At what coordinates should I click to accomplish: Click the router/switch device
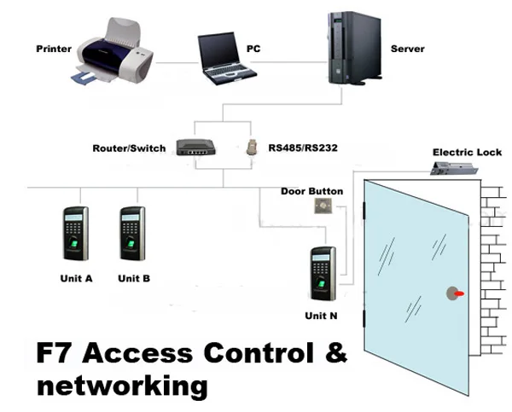point(198,147)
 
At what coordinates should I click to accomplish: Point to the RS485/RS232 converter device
point(253,147)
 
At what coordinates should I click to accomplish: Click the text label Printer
point(54,49)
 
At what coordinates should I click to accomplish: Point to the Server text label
point(407,49)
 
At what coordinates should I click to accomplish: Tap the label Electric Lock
point(467,152)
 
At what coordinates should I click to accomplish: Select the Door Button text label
point(311,191)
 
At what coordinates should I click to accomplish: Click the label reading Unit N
point(321,316)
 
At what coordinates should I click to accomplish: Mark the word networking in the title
point(122,385)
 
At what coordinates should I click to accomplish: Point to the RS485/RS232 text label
point(303,148)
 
